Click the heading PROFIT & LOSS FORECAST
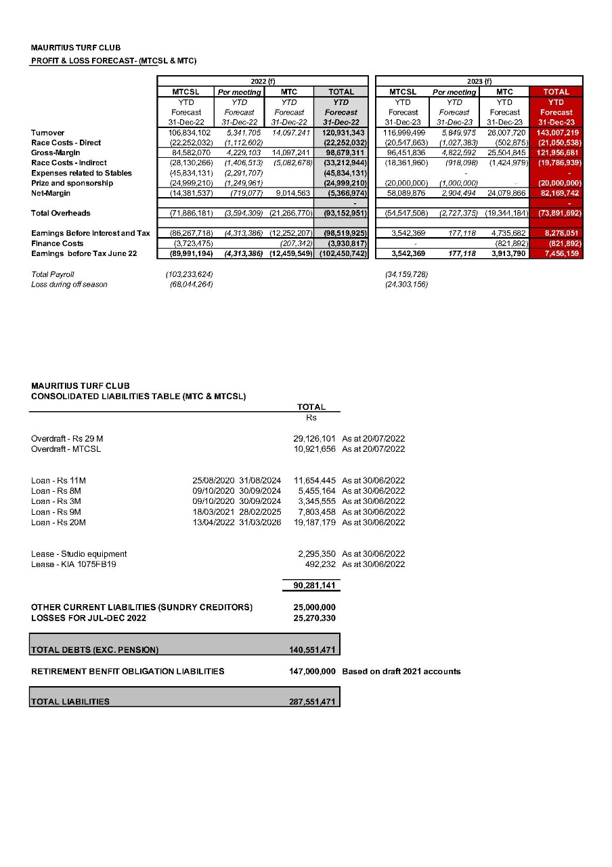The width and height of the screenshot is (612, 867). [x=114, y=62]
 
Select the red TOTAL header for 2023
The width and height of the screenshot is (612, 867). [x=556, y=91]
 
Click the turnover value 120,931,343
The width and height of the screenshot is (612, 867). [x=341, y=133]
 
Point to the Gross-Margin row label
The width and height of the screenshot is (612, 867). [x=56, y=152]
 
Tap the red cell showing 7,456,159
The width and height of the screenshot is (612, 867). [x=557, y=253]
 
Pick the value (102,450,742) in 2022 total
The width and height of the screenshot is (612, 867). [x=341, y=253]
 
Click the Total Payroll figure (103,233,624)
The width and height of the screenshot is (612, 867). [x=190, y=274]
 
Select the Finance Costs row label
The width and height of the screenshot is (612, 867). [x=58, y=243]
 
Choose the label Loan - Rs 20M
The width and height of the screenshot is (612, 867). [x=58, y=522]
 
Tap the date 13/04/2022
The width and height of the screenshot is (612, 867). [x=213, y=522]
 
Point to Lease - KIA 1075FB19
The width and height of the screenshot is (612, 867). [x=74, y=564]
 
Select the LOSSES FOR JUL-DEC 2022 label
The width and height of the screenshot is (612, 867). [x=89, y=618]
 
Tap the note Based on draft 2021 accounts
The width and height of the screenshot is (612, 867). [x=401, y=671]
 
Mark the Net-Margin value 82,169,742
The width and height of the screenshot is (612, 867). [x=557, y=193]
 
